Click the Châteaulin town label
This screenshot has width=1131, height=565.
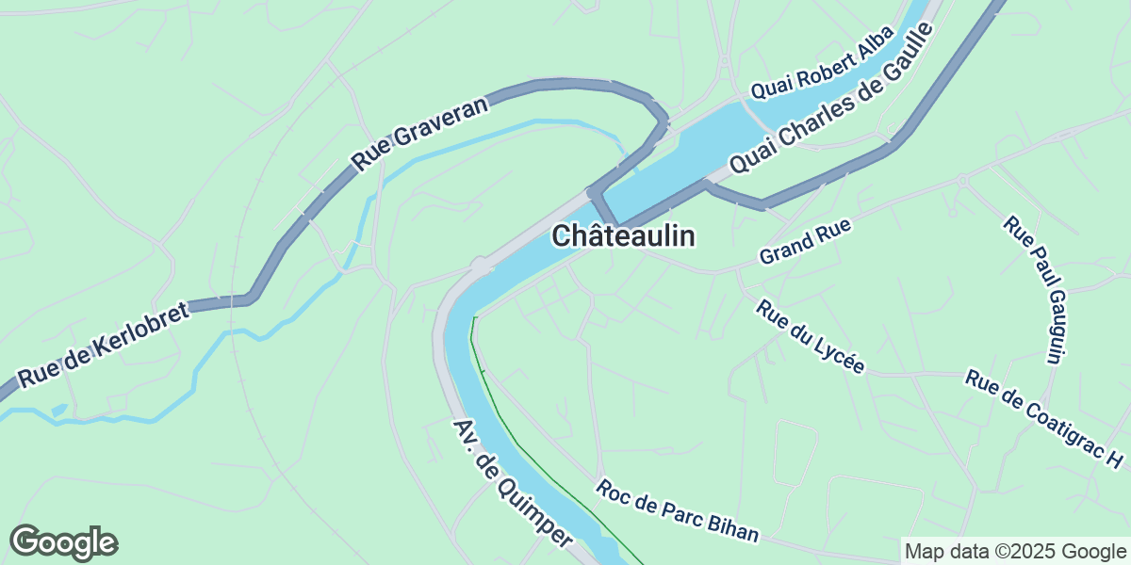click(623, 235)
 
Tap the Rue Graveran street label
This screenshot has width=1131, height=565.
click(421, 135)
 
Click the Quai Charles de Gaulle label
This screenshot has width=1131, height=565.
click(830, 97)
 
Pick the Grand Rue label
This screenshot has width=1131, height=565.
click(805, 241)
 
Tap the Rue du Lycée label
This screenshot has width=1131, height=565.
click(810, 336)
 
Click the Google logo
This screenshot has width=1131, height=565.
click(64, 542)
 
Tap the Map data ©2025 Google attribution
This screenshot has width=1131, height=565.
click(1014, 551)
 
